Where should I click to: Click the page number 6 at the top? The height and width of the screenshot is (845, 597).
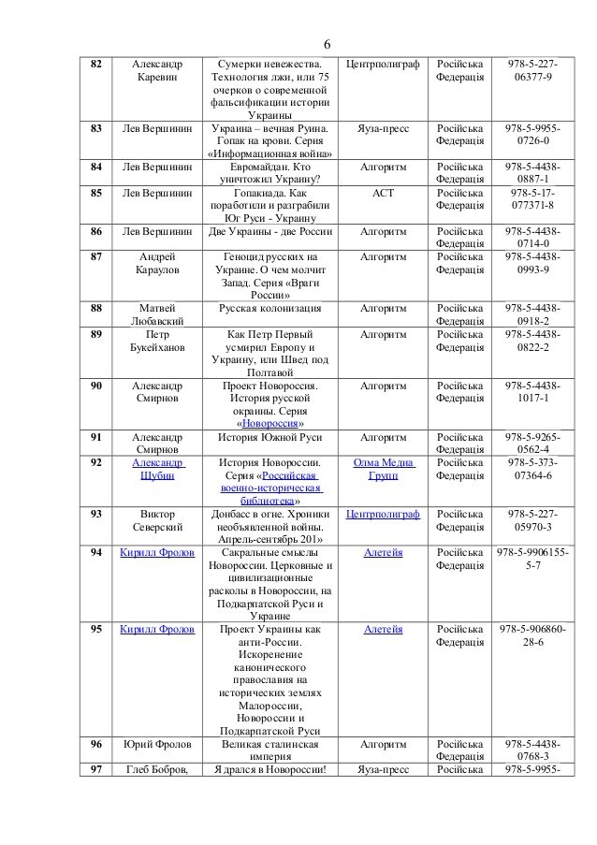click(x=328, y=45)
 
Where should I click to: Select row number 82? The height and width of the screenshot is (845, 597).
click(x=95, y=64)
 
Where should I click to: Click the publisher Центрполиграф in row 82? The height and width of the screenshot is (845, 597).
click(x=383, y=64)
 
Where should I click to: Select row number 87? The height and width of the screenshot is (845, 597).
click(x=95, y=255)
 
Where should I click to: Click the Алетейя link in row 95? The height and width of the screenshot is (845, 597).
click(x=383, y=630)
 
